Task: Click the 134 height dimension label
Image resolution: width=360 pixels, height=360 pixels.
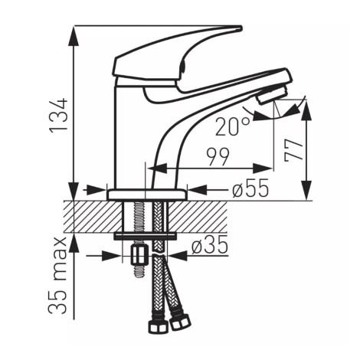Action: pos(59,115)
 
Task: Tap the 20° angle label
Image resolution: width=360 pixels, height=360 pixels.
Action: pos(232,126)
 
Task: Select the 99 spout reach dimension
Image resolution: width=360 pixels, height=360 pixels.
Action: pos(218,157)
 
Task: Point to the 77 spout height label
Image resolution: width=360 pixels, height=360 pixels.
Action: pos(294,151)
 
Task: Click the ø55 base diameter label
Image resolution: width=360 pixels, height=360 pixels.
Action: pos(250,188)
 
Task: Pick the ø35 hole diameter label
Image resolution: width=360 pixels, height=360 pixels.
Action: pos(210,244)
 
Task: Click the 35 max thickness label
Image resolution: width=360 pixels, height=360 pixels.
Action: pos(58,276)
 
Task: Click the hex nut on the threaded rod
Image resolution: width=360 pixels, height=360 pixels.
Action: pos(140,256)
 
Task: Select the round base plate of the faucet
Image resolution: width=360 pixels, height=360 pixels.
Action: pos(146,195)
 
